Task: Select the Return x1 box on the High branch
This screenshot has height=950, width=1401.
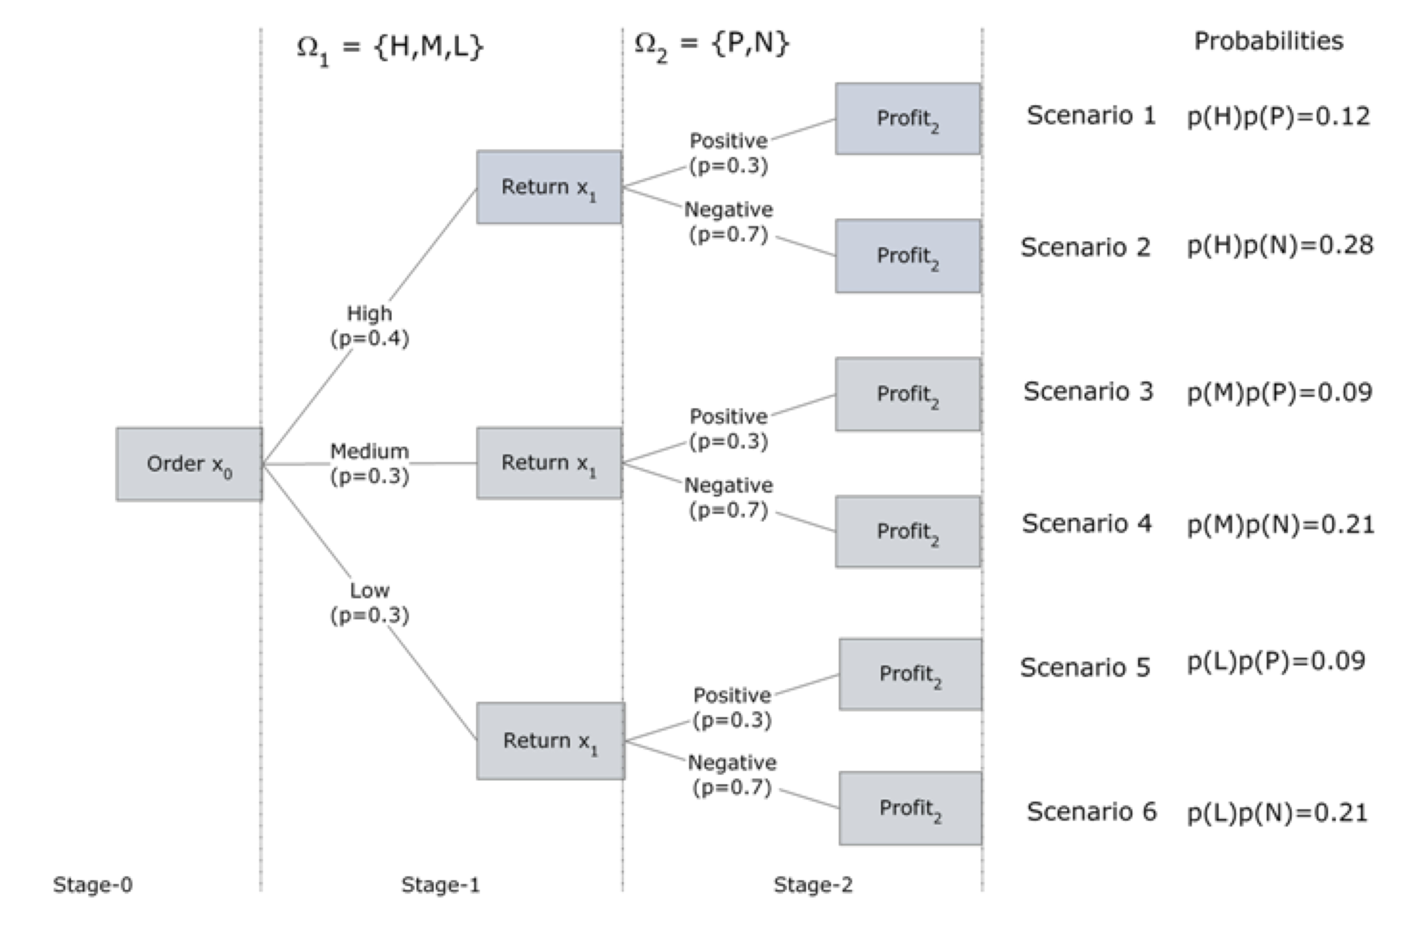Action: tap(548, 187)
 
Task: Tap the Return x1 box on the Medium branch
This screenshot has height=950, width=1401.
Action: tap(548, 463)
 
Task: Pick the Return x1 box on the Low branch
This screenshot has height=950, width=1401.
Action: tap(551, 741)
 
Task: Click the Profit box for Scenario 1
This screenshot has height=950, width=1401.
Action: tap(907, 119)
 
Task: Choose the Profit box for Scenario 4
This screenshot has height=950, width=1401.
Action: tap(907, 532)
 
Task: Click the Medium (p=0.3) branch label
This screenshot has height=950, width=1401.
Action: tap(370, 464)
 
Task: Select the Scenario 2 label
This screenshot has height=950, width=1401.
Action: tap(1085, 247)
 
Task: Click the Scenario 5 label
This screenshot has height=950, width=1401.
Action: tap(1085, 667)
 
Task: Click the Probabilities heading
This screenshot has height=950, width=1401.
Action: tap(1268, 41)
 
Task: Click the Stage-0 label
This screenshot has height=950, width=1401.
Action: tap(93, 885)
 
